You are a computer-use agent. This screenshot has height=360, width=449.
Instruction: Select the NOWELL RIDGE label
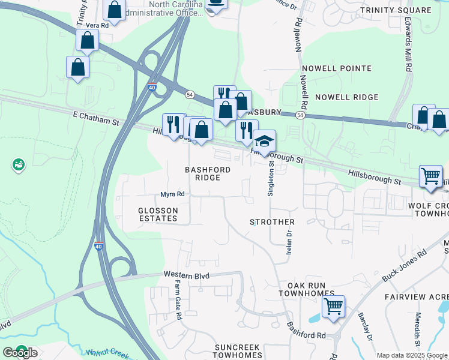pos(347,97)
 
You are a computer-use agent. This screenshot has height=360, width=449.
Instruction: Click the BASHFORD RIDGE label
pos(208,174)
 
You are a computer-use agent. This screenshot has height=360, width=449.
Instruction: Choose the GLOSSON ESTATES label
pos(158,214)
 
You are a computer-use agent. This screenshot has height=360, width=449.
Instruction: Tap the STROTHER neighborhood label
pos(272,222)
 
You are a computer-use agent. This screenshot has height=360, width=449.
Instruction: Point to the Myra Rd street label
pos(172,194)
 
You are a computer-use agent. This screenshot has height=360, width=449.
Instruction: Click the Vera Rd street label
pos(96,25)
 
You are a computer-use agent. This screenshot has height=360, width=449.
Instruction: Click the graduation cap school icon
pos(264,142)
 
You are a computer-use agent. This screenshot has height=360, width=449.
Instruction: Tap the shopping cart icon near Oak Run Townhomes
pos(333,307)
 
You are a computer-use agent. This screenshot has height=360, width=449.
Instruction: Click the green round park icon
pos(19,164)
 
